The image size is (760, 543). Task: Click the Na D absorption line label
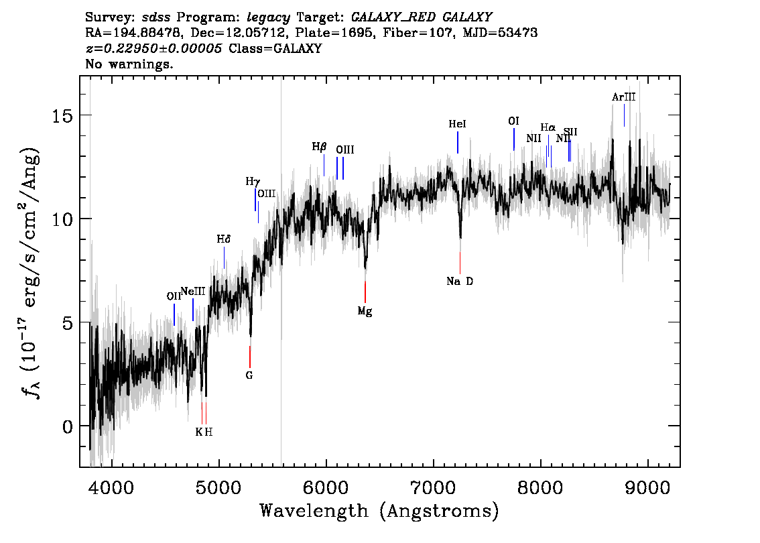(x=460, y=281)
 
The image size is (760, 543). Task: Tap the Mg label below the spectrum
(x=365, y=311)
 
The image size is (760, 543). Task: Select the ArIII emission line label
(x=623, y=97)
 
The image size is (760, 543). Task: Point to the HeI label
(x=457, y=124)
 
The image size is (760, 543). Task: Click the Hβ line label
(x=319, y=147)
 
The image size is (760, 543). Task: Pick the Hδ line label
(x=223, y=239)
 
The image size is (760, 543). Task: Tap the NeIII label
(x=193, y=292)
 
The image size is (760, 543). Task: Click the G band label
(x=249, y=375)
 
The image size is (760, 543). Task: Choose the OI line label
(x=513, y=121)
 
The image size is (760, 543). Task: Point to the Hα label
(x=548, y=127)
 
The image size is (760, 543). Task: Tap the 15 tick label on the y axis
(x=62, y=116)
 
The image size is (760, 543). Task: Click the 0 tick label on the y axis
(x=67, y=426)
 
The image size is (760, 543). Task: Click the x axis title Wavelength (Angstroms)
(x=379, y=511)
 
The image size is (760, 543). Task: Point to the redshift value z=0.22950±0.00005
(x=153, y=48)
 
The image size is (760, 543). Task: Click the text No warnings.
(x=129, y=64)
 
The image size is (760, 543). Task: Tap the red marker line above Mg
(x=365, y=292)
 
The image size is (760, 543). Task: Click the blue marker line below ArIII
(x=624, y=115)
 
